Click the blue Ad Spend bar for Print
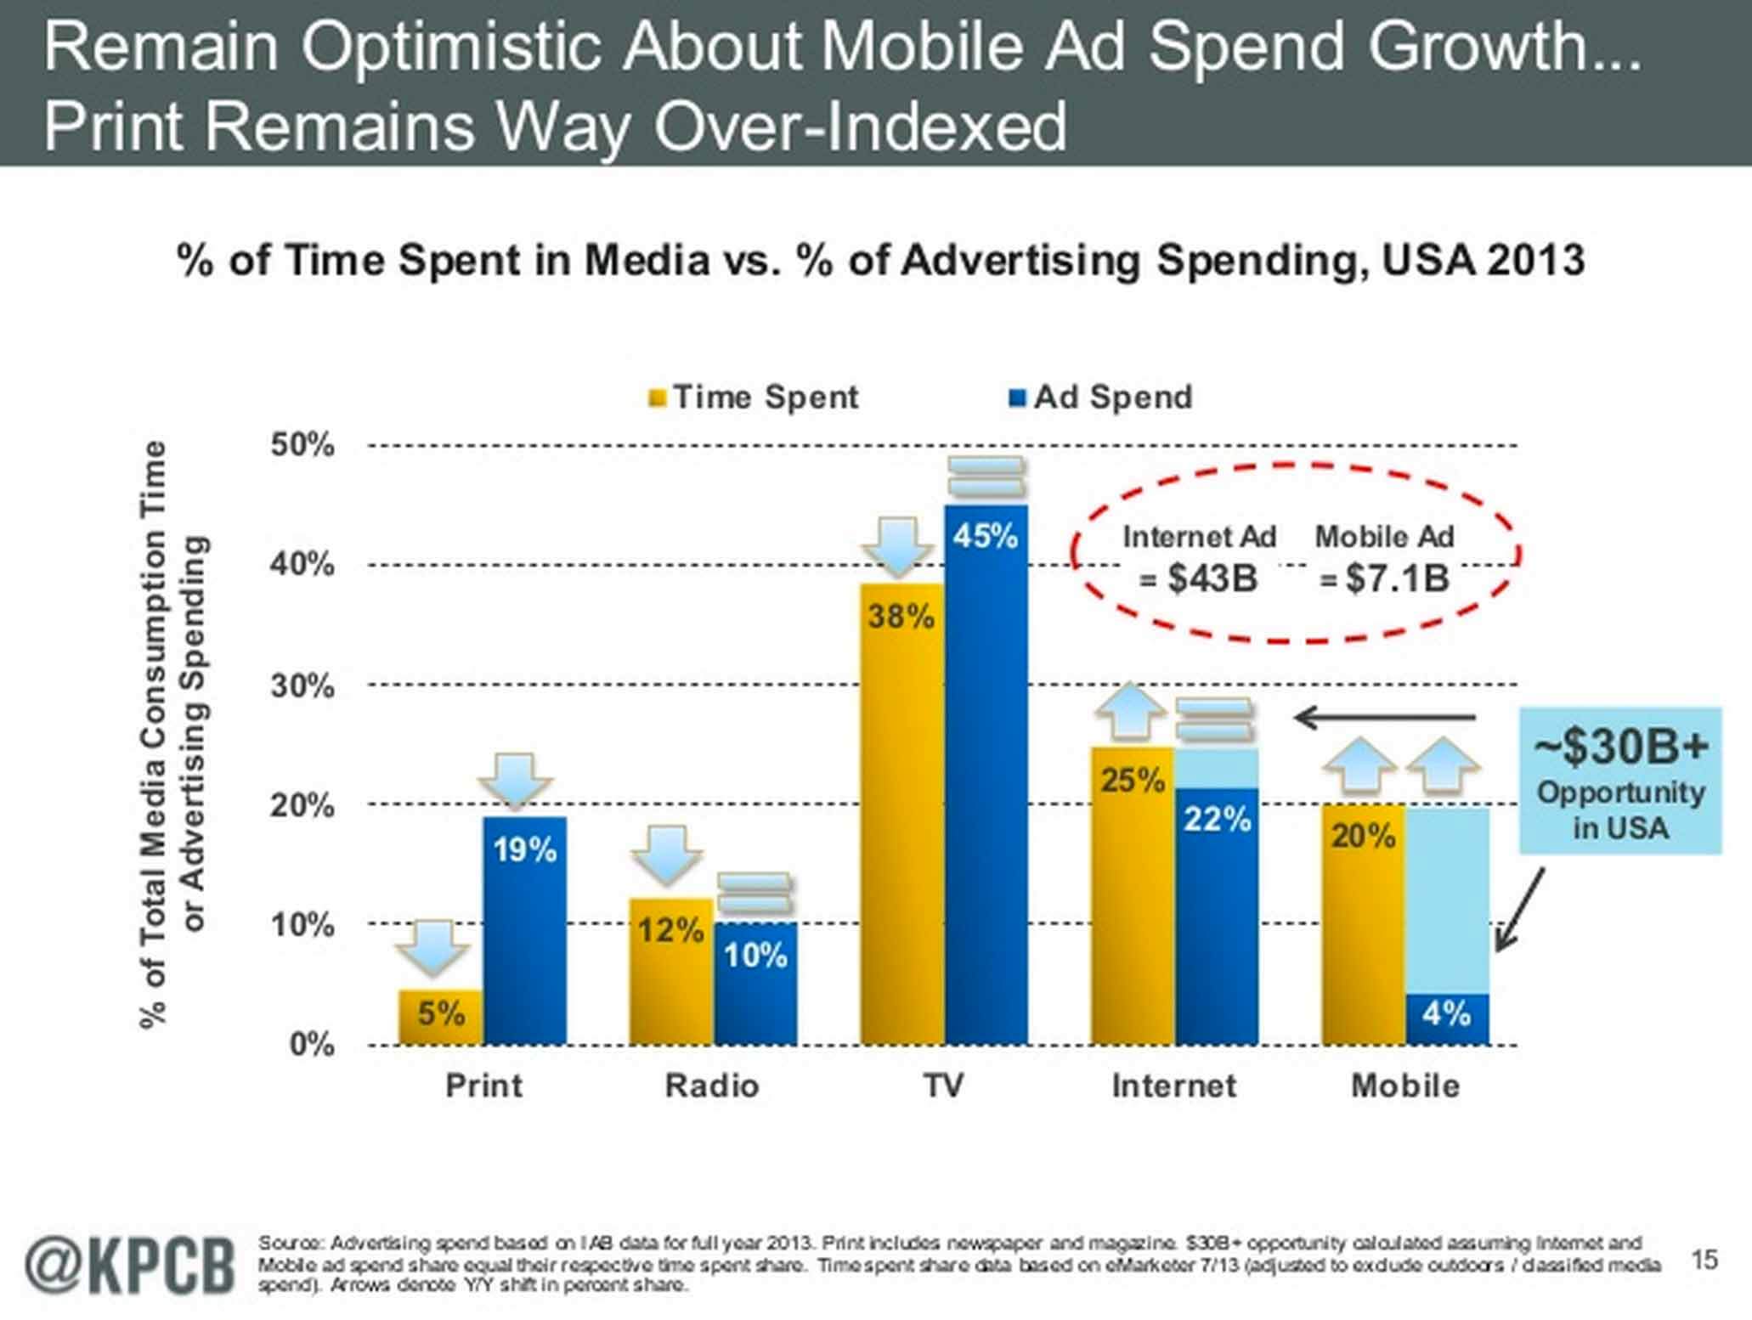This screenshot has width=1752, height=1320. click(524, 934)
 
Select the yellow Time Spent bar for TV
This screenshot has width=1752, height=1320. click(902, 815)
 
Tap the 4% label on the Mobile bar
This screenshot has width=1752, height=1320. click(1446, 1013)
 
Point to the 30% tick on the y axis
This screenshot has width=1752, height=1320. click(302, 685)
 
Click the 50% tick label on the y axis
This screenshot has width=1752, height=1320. click(302, 445)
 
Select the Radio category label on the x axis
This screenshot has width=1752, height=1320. click(712, 1086)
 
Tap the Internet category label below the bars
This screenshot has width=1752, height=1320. click(1174, 1086)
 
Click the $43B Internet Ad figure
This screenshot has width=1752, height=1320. click(1211, 579)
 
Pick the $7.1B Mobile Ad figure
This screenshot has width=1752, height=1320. click(1395, 579)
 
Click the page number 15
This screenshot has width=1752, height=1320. click(1704, 1259)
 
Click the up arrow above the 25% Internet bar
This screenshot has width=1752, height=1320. click(1131, 711)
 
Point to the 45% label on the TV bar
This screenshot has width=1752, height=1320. click(986, 537)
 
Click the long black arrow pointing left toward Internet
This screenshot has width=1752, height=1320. click(1385, 718)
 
